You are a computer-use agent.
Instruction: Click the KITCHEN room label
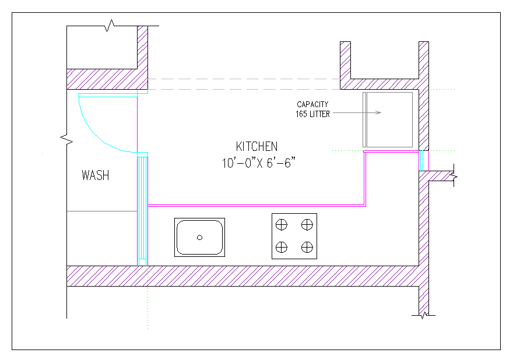point(256,146)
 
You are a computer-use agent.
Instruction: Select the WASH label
point(95,175)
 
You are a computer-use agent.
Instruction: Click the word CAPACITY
point(312,104)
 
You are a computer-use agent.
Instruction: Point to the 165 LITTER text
point(312,114)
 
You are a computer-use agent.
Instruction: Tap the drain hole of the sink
point(200,237)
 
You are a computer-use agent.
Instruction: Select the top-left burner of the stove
point(282,224)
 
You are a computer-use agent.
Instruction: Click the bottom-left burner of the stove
point(282,248)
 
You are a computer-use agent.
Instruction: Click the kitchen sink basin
point(200,237)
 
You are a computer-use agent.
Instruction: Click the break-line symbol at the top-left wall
point(109,26)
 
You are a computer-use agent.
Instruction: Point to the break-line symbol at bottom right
point(423,315)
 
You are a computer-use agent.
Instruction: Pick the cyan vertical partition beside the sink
point(142,210)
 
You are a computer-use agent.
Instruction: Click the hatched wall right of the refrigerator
point(424,117)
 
